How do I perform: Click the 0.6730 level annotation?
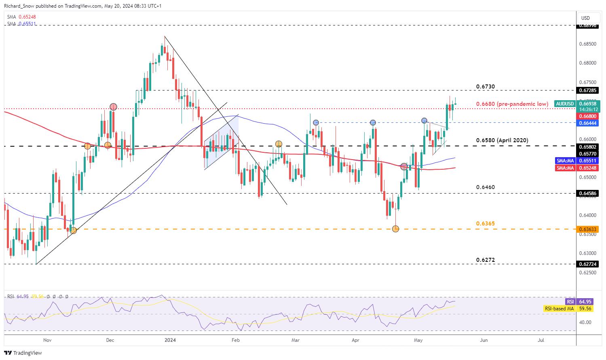(485, 87)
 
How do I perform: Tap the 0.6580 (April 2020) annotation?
(502, 140)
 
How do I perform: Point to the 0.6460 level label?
(485, 187)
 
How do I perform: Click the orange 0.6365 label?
(485, 223)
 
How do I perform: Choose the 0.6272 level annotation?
(485, 259)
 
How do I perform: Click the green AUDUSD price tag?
(564, 104)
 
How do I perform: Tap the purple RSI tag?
(570, 301)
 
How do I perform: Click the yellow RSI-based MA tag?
(559, 308)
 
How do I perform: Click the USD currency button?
(585, 18)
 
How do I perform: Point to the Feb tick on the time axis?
(236, 340)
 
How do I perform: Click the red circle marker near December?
(113, 107)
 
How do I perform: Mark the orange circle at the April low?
(396, 229)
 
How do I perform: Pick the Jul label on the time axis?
(541, 340)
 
